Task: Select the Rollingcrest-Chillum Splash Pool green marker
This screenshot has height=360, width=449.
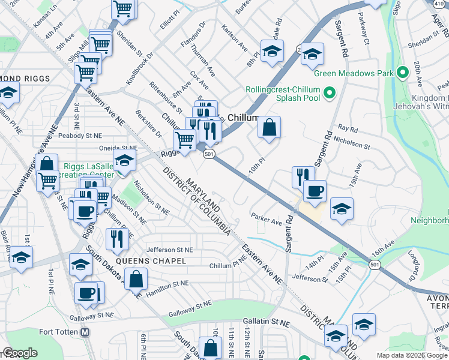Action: (328, 93)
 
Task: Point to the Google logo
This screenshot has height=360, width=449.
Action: (19, 353)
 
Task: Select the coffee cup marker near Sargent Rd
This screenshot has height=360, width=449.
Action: (314, 192)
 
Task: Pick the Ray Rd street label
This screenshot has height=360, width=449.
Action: (348, 128)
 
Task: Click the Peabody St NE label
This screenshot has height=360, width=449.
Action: (82, 136)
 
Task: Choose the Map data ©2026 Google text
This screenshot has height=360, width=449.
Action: (411, 355)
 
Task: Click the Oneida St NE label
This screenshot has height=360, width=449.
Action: (113, 148)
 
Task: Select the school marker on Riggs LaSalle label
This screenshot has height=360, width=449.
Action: (124, 161)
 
